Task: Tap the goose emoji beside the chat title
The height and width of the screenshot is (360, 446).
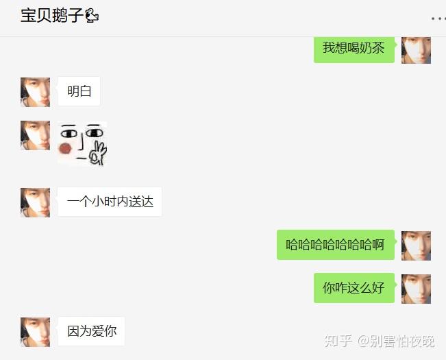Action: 92,16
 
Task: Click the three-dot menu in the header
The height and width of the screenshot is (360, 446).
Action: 437,19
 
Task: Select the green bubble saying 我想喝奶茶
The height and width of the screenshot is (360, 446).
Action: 354,48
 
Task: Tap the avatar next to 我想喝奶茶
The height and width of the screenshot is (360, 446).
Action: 416,49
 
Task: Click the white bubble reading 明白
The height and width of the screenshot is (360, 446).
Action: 79,91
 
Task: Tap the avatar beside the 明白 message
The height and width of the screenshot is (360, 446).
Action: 35,92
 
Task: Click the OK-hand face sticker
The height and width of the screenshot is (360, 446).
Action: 82,143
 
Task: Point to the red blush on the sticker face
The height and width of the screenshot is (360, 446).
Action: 66,148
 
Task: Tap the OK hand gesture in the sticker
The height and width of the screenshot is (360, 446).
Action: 99,154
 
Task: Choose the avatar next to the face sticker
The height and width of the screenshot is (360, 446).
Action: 35,135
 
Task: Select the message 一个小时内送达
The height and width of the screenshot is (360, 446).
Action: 110,202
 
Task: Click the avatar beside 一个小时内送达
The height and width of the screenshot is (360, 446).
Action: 35,202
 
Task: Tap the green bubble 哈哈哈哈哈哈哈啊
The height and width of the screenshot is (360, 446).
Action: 335,245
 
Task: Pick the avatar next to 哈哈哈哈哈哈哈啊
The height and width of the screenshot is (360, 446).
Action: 416,245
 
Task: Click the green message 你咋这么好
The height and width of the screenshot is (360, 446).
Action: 354,288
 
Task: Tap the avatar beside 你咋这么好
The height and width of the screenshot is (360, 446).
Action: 416,289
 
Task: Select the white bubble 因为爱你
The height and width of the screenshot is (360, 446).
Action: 91,331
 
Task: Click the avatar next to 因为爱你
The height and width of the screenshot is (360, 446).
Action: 35,332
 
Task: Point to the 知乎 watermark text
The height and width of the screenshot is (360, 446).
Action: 338,341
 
